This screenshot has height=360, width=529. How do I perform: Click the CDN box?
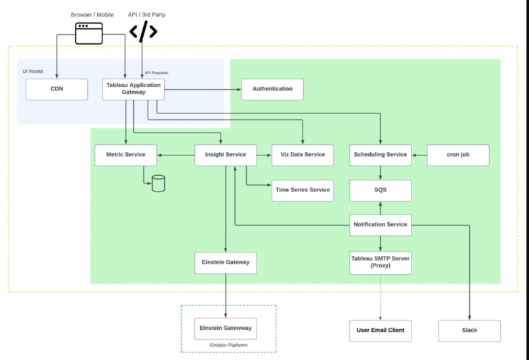tap(56, 89)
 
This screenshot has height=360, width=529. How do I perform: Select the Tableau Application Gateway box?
tap(133, 89)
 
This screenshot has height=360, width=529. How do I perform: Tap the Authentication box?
tap(272, 89)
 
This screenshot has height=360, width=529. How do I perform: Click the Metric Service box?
tap(125, 155)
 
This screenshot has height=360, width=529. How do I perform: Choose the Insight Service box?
tap(225, 155)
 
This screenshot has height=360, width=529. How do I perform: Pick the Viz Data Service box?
tap(303, 155)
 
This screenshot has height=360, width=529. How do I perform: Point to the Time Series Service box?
tap(303, 190)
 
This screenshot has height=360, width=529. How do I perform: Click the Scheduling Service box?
tap(380, 155)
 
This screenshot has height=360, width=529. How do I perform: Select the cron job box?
tap(458, 155)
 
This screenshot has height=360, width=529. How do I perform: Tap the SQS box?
tap(380, 190)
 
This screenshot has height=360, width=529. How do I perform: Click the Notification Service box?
tap(380, 225)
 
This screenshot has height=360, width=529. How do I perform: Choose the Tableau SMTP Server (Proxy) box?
tap(380, 263)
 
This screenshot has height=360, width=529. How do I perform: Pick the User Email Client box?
tap(380, 330)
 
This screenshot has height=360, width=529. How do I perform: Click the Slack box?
tap(469, 330)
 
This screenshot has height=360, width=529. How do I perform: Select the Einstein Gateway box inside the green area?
tap(225, 262)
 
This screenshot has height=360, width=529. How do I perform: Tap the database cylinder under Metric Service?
tap(158, 184)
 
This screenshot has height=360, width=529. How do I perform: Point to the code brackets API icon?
tap(142, 31)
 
